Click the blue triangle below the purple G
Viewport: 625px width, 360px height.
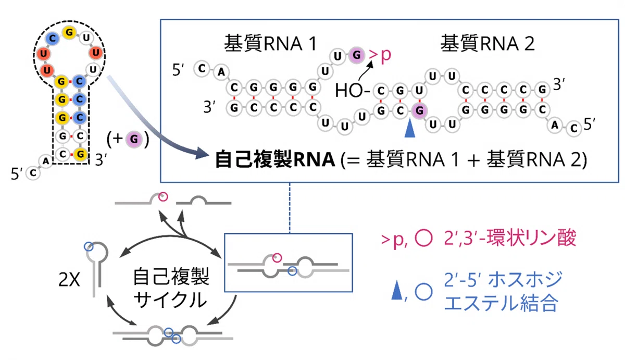409,128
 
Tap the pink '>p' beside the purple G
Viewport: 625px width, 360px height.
380,56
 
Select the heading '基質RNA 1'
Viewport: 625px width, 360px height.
271,44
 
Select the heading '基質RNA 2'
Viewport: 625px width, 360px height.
488,44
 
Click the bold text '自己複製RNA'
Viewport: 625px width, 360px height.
275,159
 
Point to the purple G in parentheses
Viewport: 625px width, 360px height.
134,139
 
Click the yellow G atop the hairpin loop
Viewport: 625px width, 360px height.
69,32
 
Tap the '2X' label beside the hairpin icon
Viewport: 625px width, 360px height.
69,279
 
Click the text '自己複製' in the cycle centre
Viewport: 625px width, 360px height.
171,277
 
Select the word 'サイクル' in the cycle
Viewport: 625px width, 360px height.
170,300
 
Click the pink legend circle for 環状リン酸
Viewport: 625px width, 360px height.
423,238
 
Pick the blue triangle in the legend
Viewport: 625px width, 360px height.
397,291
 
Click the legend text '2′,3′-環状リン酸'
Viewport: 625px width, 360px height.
510,238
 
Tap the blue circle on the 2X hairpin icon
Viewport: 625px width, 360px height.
89,247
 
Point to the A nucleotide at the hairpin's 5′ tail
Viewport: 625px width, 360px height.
45,161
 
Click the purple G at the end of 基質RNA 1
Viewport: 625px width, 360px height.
356,55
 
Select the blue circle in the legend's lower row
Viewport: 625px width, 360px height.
423,292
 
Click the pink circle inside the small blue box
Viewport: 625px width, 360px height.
277,257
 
